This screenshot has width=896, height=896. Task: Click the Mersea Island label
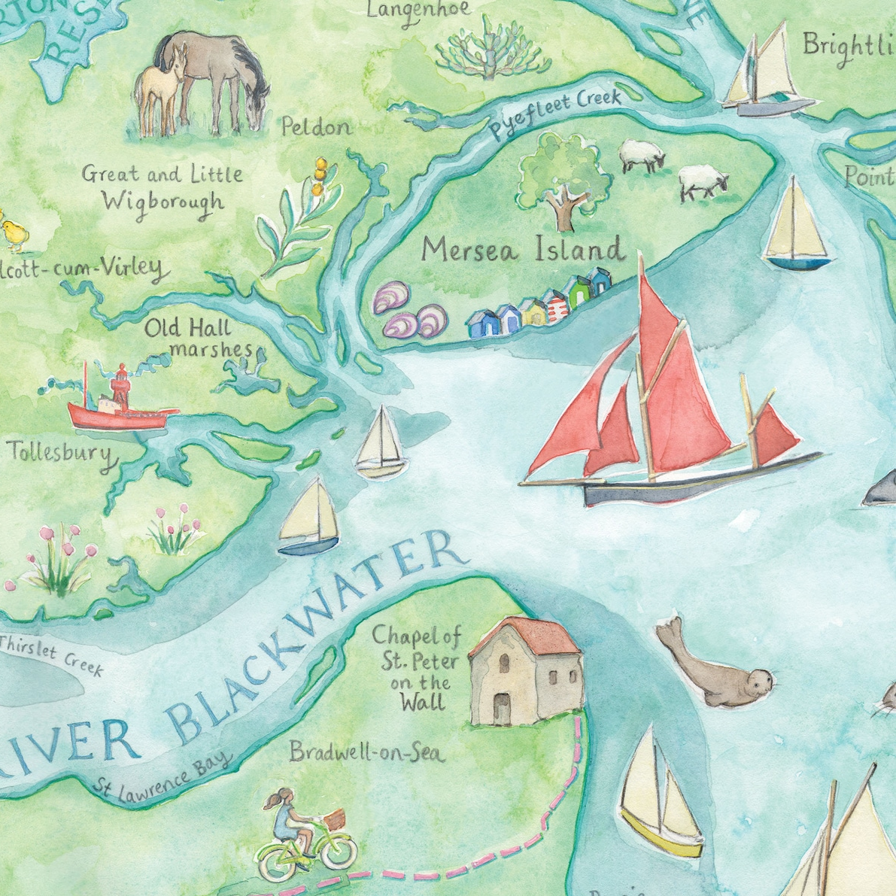click(x=523, y=249)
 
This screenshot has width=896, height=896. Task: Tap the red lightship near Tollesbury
click(x=117, y=406)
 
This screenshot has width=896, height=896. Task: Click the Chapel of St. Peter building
click(x=525, y=673)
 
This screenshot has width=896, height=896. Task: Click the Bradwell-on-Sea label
click(x=367, y=752)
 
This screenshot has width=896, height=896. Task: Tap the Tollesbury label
click(x=60, y=454)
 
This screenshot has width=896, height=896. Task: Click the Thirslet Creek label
click(x=51, y=653)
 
